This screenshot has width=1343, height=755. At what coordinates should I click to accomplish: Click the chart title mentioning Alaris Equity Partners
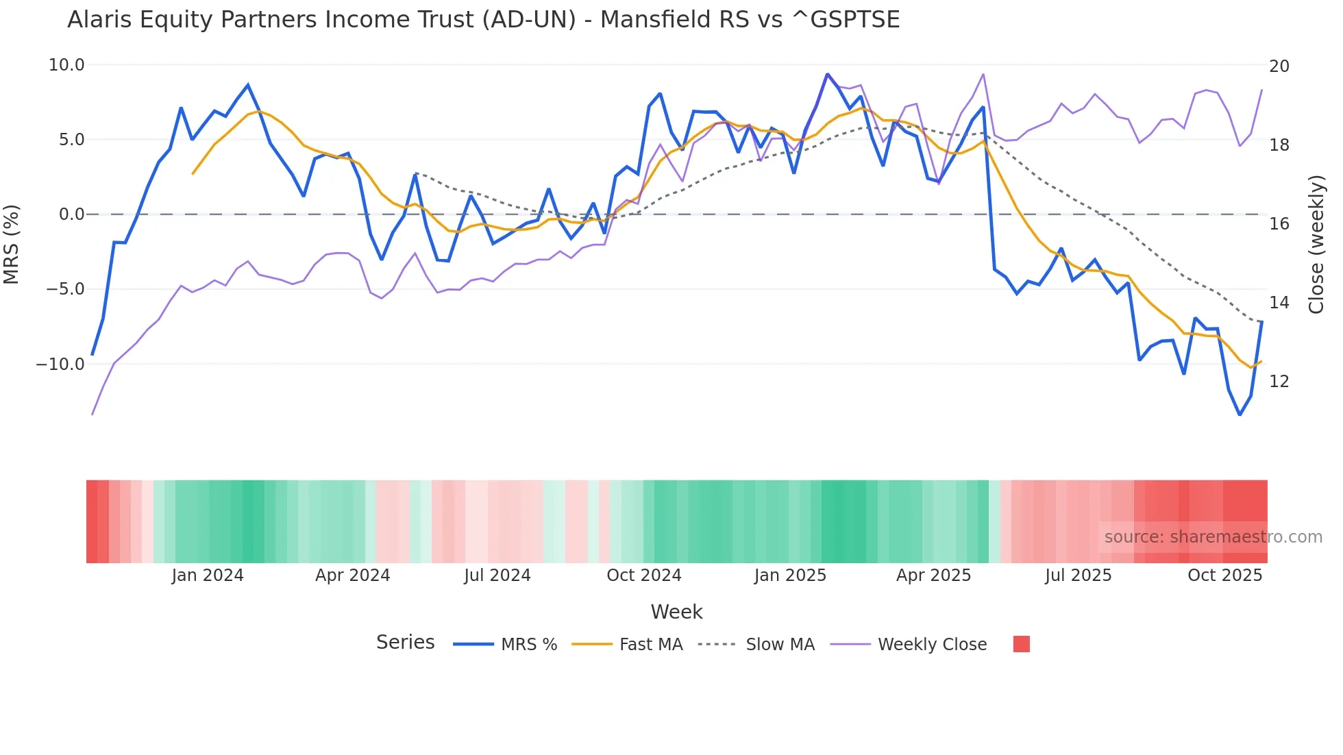tap(483, 20)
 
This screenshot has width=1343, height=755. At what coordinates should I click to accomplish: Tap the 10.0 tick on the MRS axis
tap(66, 65)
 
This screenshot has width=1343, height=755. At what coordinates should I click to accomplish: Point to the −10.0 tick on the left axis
tap(60, 364)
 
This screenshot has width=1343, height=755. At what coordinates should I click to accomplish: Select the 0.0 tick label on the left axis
tap(71, 214)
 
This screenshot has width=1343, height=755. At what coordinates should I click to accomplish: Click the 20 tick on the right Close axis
tap(1279, 66)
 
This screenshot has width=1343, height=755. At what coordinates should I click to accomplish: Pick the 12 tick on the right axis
tap(1279, 382)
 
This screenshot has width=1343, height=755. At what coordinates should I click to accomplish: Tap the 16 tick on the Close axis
tap(1279, 224)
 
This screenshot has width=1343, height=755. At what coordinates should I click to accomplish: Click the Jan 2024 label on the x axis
tap(208, 575)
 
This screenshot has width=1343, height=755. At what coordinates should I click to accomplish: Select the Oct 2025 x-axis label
tap(1224, 575)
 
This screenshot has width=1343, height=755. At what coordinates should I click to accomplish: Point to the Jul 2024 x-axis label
tap(497, 575)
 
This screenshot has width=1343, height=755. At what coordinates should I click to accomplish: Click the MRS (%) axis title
tap(12, 245)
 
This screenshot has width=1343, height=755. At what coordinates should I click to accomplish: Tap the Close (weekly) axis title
tap(1316, 245)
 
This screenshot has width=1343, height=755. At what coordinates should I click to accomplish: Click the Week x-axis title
tap(676, 612)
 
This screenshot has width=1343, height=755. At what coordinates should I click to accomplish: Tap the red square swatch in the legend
tap(1021, 644)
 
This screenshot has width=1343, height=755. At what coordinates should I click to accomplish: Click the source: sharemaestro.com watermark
tap(1213, 537)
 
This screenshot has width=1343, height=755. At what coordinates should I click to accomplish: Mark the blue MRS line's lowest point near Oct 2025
tap(1240, 414)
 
